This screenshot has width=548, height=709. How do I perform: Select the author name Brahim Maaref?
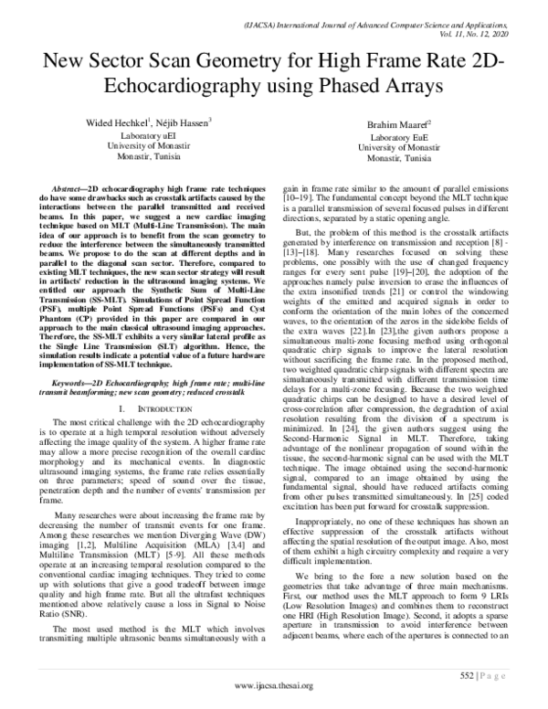(x=394, y=124)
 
